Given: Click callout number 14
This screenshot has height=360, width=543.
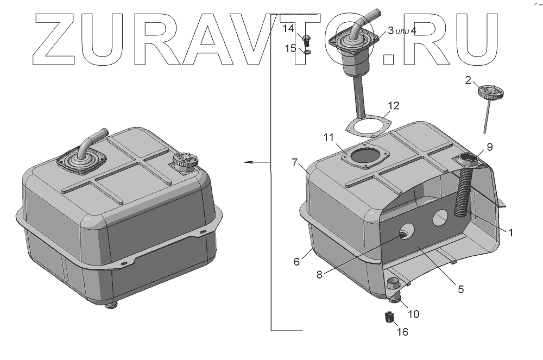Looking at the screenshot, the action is (x=288, y=28).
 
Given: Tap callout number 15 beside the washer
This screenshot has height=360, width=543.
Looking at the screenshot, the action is (x=291, y=48).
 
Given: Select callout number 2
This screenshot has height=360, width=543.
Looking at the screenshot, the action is (x=468, y=80).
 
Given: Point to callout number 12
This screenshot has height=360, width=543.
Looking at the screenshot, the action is (x=394, y=105).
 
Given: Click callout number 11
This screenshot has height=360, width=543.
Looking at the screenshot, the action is (x=329, y=137).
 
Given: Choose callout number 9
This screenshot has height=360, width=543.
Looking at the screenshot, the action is (x=489, y=147).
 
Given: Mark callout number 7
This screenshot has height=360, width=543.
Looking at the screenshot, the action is (x=295, y=162).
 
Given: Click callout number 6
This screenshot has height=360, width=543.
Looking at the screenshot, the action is (x=296, y=262).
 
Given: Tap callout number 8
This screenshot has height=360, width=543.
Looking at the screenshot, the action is (x=319, y=275).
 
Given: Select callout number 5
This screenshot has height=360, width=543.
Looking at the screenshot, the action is (x=460, y=289).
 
